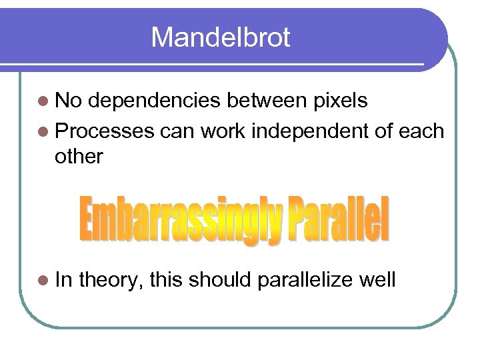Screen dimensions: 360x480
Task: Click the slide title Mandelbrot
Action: [x=220, y=37]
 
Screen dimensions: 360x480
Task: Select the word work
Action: [x=225, y=131]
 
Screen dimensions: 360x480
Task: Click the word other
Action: [x=79, y=157]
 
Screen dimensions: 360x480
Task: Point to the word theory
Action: [x=111, y=280]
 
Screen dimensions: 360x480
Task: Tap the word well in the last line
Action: [x=377, y=279]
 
